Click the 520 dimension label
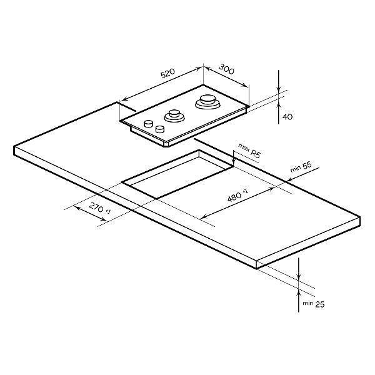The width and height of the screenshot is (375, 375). tap(167, 73)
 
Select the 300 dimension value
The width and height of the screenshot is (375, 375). tap(226, 69)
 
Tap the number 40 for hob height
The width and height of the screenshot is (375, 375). tap(287, 117)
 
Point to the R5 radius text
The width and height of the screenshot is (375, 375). tap(255, 153)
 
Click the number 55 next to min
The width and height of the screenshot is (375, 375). tap(307, 165)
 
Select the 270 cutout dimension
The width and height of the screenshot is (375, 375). tap(96, 207)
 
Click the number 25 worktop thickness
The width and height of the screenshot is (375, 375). tap(320, 304)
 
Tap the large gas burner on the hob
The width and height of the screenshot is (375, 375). tap(207, 102)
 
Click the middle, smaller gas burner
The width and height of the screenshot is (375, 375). tap(174, 116)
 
